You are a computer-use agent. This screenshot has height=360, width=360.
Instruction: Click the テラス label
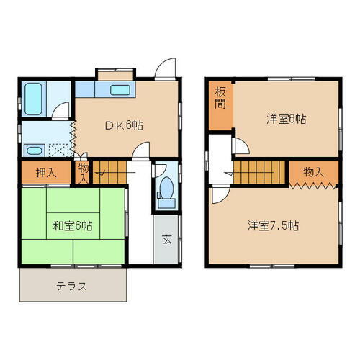(72, 287)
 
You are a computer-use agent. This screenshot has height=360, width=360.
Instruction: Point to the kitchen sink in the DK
(120, 90)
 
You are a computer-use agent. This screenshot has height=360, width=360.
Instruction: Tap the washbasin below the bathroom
(32, 150)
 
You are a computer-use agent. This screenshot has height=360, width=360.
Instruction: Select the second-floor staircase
(259, 174)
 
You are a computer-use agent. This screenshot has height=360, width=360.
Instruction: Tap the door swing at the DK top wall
(166, 68)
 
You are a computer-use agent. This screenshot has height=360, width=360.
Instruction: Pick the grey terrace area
(72, 287)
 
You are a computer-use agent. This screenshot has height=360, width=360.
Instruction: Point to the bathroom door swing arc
(63, 112)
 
